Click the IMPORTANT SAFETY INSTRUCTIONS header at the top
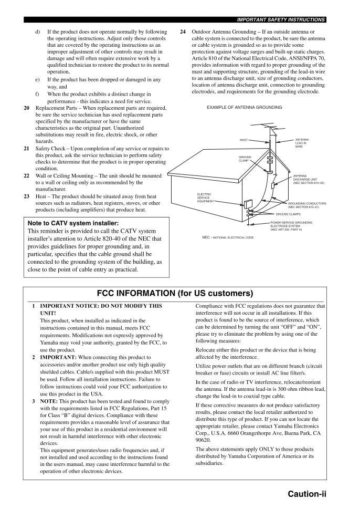[x=281, y=19]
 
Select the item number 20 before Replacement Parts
[x=27, y=108]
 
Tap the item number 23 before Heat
[x=27, y=196]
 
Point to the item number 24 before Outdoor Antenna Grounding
[x=183, y=32]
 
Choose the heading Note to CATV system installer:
[x=69, y=223]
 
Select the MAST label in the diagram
[x=243, y=140]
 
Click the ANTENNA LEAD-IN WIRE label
[x=302, y=143]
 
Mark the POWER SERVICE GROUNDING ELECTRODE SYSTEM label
[x=291, y=226]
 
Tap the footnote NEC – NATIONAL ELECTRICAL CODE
[x=228, y=237]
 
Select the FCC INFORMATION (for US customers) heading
[x=175, y=293]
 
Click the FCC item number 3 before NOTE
[x=34, y=401]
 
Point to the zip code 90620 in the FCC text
[x=203, y=441]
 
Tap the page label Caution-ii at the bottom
[x=307, y=494]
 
